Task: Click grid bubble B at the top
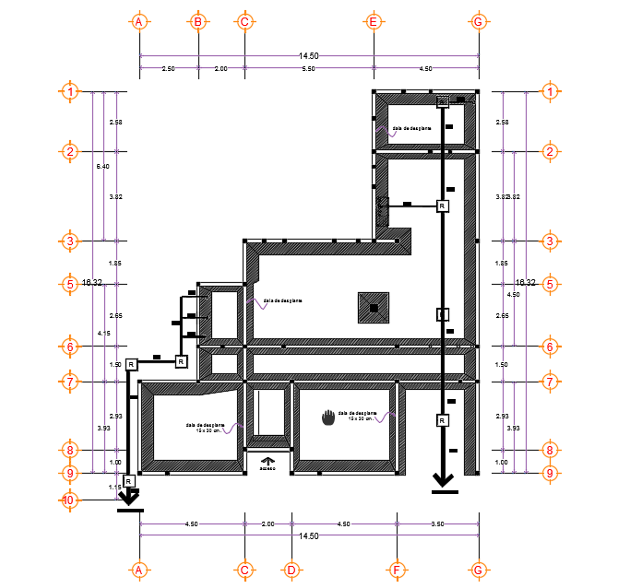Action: [197, 21]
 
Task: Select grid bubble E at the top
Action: [374, 21]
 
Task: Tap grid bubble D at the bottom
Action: [290, 570]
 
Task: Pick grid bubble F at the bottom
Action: [398, 570]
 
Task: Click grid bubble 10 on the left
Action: [68, 500]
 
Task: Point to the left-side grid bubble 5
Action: [70, 284]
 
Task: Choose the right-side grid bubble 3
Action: [550, 241]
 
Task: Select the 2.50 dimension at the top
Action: [168, 69]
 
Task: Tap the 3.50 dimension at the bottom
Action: [437, 523]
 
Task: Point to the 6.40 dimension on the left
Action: [102, 167]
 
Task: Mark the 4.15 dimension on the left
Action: [102, 333]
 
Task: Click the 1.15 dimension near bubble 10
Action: [114, 487]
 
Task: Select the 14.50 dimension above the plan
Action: [308, 56]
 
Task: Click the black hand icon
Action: [328, 417]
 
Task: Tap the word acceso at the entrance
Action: [267, 469]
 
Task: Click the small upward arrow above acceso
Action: [267, 460]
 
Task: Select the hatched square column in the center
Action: [374, 308]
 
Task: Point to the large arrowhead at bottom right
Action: [444, 478]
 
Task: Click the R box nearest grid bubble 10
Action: [128, 481]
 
